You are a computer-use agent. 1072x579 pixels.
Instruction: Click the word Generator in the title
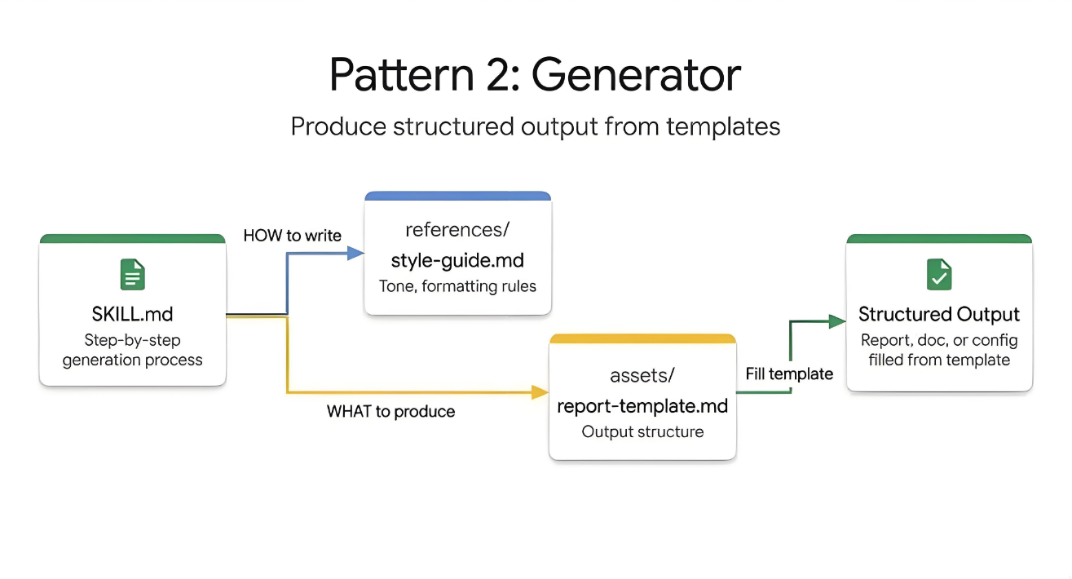pos(637,75)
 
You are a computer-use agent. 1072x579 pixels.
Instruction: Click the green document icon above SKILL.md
pos(132,275)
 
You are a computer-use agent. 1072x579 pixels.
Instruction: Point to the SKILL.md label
pos(132,315)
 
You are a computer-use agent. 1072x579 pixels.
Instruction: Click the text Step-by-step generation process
pos(132,350)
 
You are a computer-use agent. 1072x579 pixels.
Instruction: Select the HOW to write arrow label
pos(293,236)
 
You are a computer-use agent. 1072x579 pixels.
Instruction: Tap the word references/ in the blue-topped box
pos(457,230)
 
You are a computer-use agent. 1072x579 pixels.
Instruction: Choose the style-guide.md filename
pos(457,261)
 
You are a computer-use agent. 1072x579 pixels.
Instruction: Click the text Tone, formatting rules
pos(457,287)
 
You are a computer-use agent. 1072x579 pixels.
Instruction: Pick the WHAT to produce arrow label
pos(390,412)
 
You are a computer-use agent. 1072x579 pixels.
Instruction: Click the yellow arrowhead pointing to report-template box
pos(540,392)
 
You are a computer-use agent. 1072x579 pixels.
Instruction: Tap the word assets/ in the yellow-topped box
pos(642,375)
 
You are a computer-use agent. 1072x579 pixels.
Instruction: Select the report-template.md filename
pos(642,405)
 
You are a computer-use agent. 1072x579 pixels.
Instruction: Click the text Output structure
pos(642,432)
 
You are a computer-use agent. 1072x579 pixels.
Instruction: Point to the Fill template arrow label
pos(789,373)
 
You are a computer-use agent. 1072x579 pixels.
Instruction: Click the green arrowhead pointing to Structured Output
pos(837,321)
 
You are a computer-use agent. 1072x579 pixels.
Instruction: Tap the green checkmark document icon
pos(939,275)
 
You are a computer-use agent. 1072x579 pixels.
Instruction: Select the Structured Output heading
pos(939,315)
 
